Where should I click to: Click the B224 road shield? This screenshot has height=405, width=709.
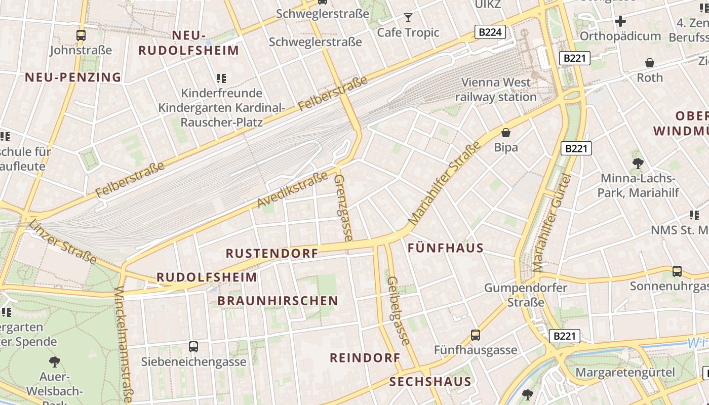coord(490,32)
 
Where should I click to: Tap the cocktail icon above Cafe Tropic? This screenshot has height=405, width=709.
coord(408,18)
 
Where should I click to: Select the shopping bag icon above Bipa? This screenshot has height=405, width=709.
coord(505,133)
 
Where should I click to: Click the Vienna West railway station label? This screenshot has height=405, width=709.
coord(496,90)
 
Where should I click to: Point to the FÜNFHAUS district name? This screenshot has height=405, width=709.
coord(446,248)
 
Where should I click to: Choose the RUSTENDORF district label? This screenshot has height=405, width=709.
coord(272,253)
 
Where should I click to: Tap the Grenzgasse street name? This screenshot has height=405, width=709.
coord(344,208)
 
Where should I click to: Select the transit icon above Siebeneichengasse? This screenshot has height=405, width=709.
coord(193,347)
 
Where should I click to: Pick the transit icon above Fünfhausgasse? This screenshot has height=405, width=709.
coord(475,335)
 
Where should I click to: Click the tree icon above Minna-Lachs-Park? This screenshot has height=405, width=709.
coord(638,163)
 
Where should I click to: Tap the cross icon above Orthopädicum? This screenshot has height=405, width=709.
coord(620,21)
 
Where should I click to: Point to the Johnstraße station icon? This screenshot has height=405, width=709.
coord(81,35)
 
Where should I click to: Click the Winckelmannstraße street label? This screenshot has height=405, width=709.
coord(124,344)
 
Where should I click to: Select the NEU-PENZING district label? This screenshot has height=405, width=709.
coord(73,77)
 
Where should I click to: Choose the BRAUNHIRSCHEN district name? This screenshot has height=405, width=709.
coord(278,301)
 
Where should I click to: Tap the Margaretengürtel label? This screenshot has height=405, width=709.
coord(625,373)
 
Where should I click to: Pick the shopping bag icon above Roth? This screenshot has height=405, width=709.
coord(649,63)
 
